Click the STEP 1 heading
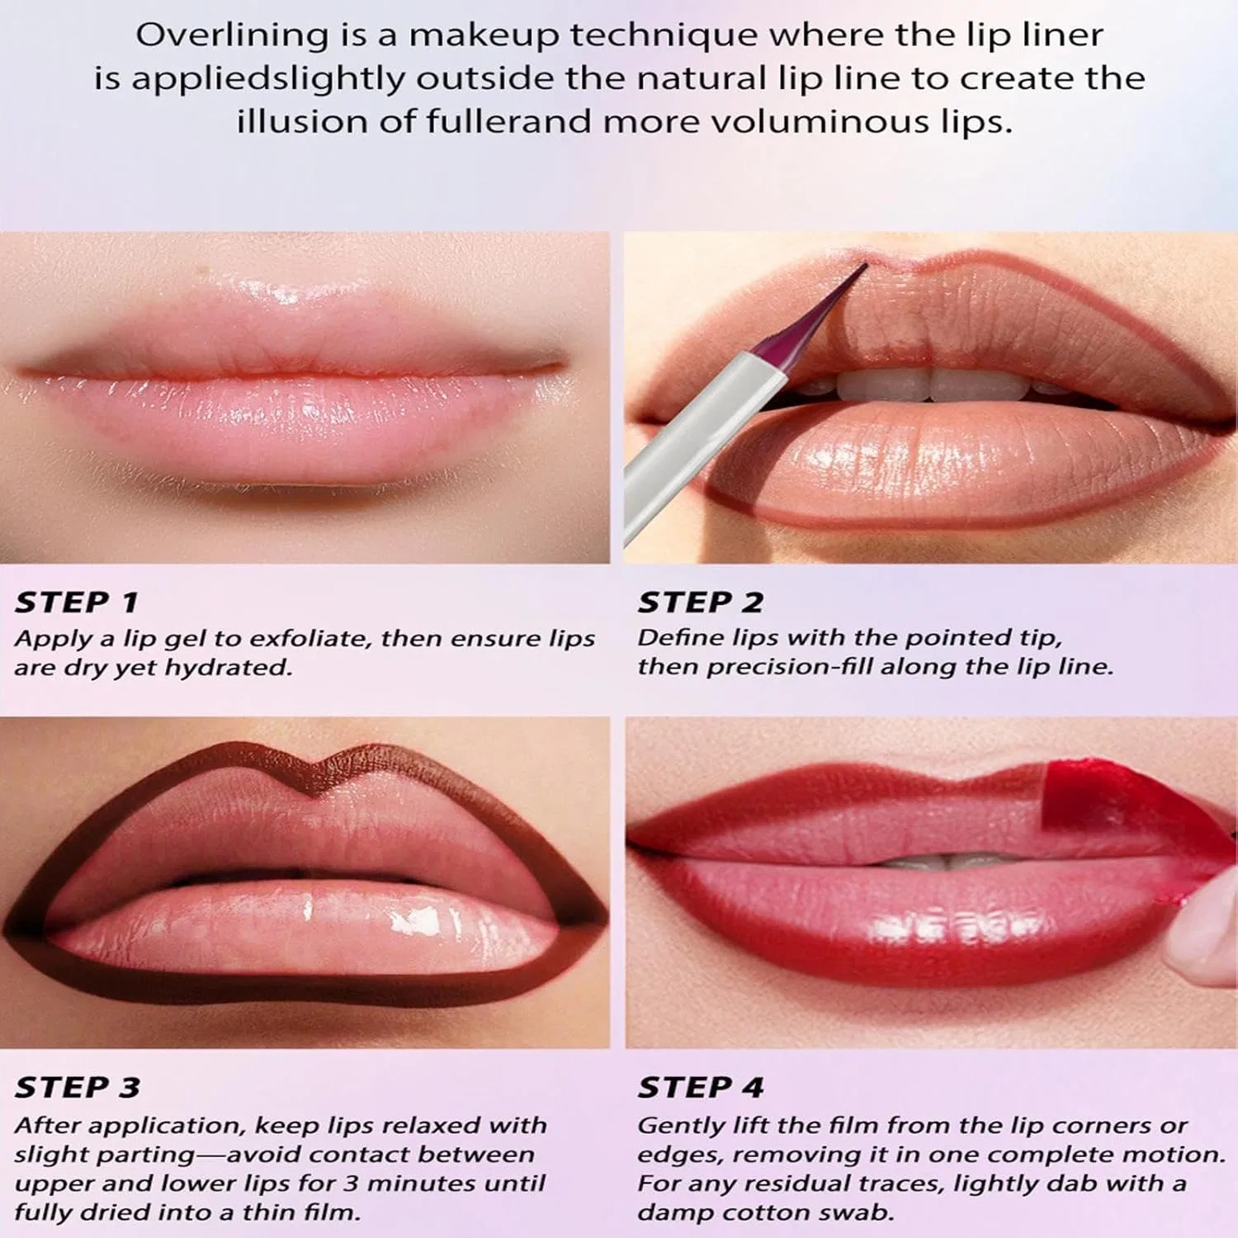click(76, 602)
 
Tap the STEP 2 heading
click(700, 602)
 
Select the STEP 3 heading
click(77, 1087)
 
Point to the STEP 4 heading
click(700, 1087)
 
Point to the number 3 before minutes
click(350, 1184)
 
